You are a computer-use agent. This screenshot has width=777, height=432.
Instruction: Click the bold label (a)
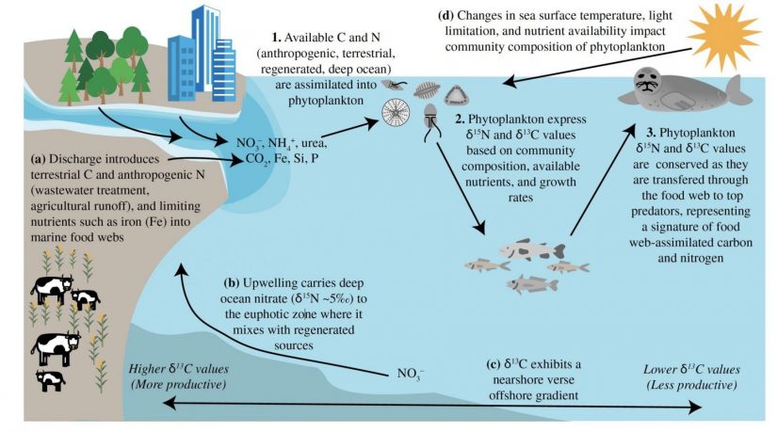tap(17, 149)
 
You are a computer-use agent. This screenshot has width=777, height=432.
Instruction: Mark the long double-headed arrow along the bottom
tap(433, 405)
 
